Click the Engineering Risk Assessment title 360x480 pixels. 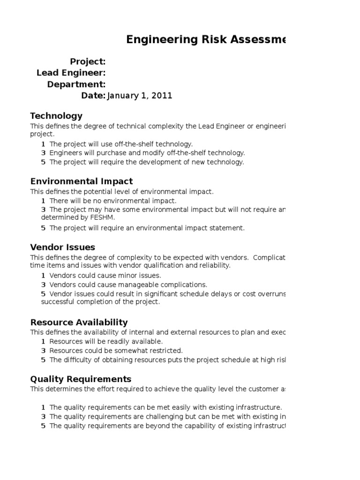click(206, 40)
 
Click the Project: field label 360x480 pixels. click(88, 62)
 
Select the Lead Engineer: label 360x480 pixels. click(71, 73)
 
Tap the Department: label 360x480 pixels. click(76, 84)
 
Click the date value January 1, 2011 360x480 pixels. click(140, 96)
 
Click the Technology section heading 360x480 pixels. click(56, 116)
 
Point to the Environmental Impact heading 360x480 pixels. click(82, 181)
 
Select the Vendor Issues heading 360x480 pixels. click(62, 247)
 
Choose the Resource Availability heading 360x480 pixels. click(79, 322)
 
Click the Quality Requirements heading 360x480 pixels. click(81, 379)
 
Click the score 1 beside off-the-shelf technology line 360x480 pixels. click(43, 144)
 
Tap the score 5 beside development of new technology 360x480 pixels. click(43, 162)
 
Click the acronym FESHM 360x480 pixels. click(103, 217)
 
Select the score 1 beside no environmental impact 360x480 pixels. click(43, 201)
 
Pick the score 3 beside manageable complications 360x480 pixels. click(43, 285)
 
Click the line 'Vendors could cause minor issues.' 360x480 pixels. click(105, 276)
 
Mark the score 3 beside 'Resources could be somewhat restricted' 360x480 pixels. click(43, 351)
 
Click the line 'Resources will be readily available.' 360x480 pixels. click(106, 341)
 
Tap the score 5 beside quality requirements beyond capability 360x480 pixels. click(43, 426)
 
